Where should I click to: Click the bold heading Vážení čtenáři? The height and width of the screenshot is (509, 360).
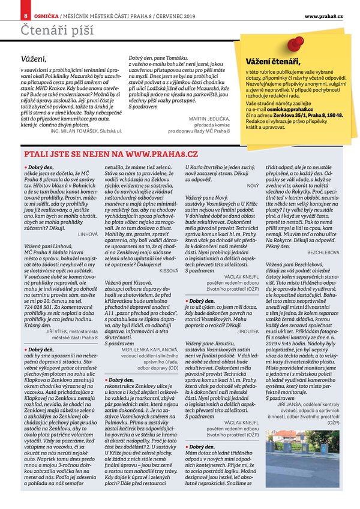point(272,61)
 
